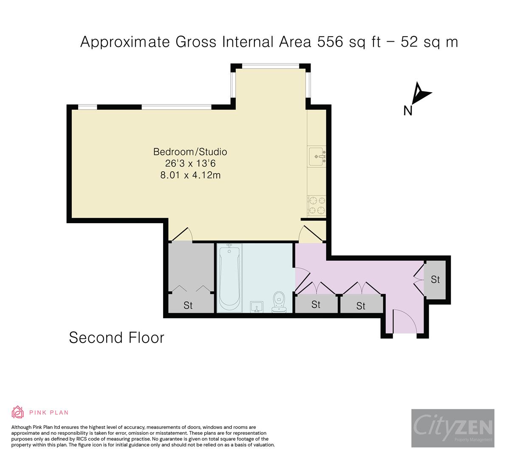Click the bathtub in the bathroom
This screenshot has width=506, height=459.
[229, 278]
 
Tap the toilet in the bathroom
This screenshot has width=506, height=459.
[279, 303]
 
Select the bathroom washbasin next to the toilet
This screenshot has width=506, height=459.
[257, 307]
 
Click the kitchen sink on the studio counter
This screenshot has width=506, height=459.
[317, 157]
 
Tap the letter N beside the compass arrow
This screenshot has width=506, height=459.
[408, 110]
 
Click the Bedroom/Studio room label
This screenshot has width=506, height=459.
[190, 152]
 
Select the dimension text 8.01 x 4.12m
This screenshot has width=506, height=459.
[190, 175]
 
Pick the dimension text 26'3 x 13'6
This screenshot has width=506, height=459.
[190, 163]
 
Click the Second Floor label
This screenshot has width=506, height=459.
[116, 338]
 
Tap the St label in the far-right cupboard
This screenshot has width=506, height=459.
[435, 280]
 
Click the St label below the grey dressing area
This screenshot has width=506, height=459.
[188, 305]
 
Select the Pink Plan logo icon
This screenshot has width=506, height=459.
[18, 412]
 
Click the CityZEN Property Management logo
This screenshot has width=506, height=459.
[452, 428]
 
